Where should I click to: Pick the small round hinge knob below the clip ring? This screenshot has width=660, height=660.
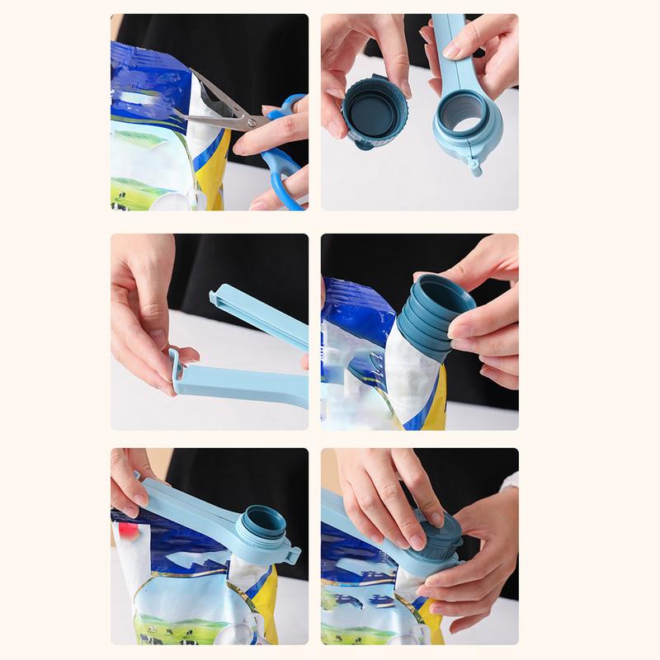pyautogui.click(x=475, y=169)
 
